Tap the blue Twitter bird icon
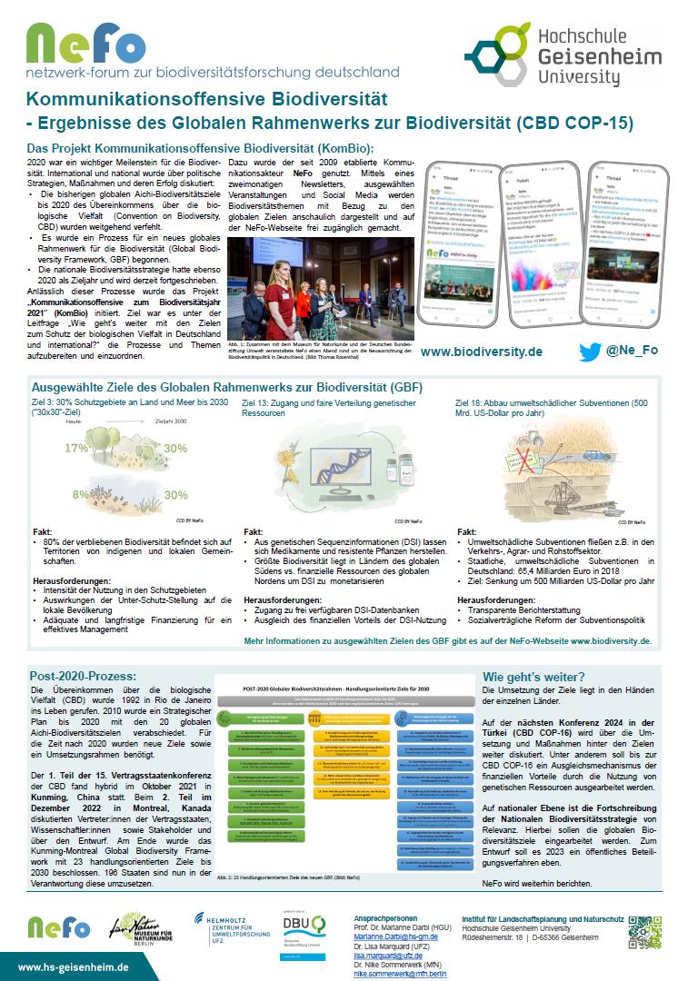pyautogui.click(x=590, y=352)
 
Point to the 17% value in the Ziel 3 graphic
pyautogui.click(x=75, y=448)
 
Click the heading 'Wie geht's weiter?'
pyautogui.click(x=533, y=676)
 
